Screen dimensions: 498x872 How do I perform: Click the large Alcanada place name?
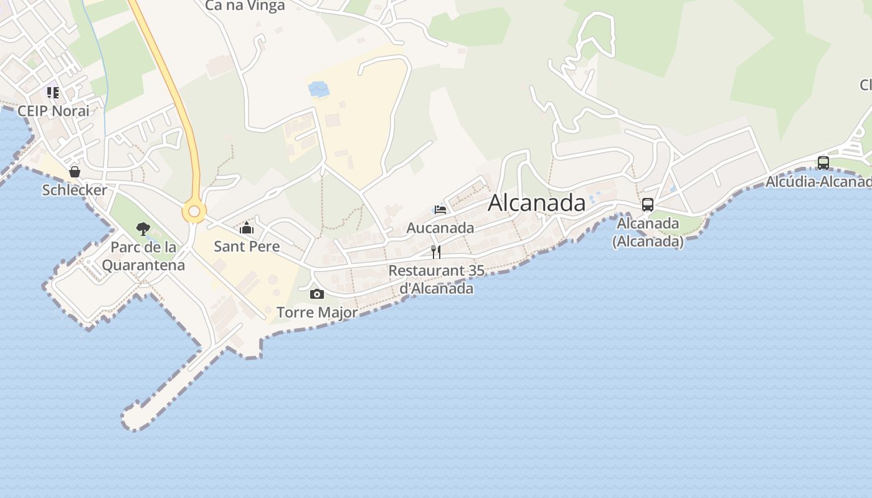click(x=536, y=203)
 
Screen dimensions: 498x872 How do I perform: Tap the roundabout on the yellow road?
click(x=194, y=212)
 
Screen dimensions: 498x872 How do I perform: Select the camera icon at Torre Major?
click(x=317, y=294)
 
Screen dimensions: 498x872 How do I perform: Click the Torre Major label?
click(x=317, y=312)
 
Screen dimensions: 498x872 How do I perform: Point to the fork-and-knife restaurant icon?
click(x=436, y=252)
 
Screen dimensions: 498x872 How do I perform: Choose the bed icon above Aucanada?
click(x=440, y=210)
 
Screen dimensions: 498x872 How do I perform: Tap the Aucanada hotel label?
click(x=440, y=228)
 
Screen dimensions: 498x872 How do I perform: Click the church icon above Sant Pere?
click(x=247, y=228)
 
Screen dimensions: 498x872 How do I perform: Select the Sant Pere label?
click(x=247, y=247)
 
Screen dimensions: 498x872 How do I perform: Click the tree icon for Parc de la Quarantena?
click(x=143, y=229)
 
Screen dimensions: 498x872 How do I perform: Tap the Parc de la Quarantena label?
click(x=143, y=256)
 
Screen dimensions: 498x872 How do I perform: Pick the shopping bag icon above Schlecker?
click(x=75, y=171)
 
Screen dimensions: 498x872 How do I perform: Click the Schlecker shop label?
click(x=75, y=190)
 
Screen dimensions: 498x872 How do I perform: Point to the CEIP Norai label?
click(x=54, y=111)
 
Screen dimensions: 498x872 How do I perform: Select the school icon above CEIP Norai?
click(x=53, y=93)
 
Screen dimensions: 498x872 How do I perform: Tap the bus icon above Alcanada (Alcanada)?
click(x=648, y=204)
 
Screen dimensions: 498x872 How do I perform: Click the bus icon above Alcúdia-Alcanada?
click(x=823, y=163)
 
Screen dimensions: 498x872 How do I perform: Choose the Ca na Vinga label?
click(x=245, y=6)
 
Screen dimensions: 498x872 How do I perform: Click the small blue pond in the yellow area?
click(x=319, y=89)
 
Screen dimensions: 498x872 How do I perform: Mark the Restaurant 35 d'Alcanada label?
click(x=436, y=280)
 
